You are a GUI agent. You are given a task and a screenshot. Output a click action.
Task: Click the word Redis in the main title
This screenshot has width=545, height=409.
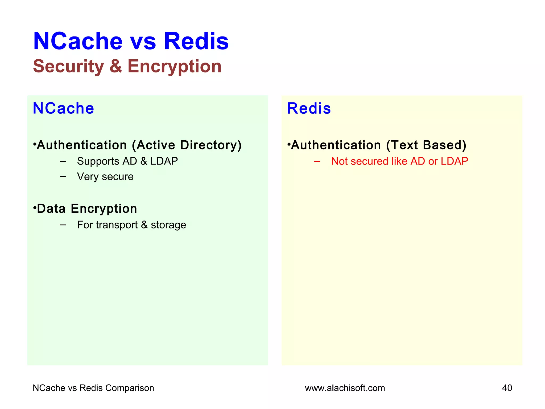click(x=196, y=41)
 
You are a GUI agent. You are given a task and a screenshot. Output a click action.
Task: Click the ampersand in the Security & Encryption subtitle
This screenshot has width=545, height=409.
click(x=115, y=66)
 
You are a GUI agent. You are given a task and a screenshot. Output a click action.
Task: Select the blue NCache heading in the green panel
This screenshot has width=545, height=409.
click(x=63, y=108)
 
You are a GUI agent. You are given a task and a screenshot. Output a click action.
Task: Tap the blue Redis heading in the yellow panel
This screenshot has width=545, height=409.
click(x=309, y=108)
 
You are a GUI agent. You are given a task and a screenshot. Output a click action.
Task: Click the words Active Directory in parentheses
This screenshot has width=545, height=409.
click(x=187, y=145)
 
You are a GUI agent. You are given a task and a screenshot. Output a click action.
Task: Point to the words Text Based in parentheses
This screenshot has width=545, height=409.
click(x=426, y=145)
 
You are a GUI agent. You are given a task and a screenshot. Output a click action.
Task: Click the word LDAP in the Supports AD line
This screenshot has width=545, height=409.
click(x=164, y=161)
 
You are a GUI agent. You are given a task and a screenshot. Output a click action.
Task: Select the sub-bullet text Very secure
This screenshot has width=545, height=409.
click(x=105, y=177)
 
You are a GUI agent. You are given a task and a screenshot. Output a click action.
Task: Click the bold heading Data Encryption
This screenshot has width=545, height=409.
click(x=87, y=208)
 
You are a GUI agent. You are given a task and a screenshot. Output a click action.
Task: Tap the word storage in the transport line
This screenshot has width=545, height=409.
click(x=168, y=225)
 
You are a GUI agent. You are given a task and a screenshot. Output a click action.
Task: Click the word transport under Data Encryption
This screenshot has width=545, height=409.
click(x=117, y=225)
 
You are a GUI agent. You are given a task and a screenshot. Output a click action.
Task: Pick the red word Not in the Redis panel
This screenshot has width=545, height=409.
click(x=339, y=161)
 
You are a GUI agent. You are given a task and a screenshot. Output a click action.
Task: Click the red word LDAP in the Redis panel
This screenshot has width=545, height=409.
click(x=454, y=161)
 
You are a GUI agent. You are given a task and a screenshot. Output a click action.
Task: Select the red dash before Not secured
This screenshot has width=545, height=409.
click(x=317, y=161)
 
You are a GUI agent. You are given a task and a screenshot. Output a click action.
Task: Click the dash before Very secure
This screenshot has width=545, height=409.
click(x=63, y=177)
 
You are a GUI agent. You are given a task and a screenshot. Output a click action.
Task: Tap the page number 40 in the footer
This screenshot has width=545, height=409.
click(x=507, y=388)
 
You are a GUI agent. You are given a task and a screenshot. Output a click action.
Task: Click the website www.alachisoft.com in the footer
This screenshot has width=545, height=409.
click(x=345, y=388)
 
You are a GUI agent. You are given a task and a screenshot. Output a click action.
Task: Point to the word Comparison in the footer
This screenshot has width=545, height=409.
click(x=130, y=388)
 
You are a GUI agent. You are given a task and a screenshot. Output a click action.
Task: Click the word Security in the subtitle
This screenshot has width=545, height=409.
click(x=68, y=66)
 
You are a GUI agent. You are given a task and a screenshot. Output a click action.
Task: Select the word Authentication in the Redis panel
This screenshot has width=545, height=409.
click(x=336, y=145)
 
